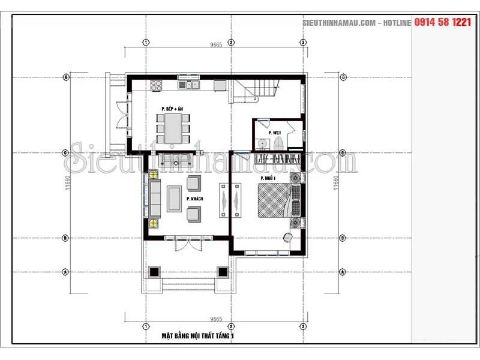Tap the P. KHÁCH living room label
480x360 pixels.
coord(194,199)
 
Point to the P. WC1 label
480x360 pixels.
coord(275,132)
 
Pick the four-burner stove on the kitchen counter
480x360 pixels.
coord(158,85)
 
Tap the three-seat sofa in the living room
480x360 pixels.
coord(155,199)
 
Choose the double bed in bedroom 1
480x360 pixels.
coord(274,199)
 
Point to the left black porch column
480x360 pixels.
coord(154,271)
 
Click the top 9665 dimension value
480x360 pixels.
coord(216,45)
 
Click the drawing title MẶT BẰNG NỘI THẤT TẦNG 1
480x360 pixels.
coord(198,337)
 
